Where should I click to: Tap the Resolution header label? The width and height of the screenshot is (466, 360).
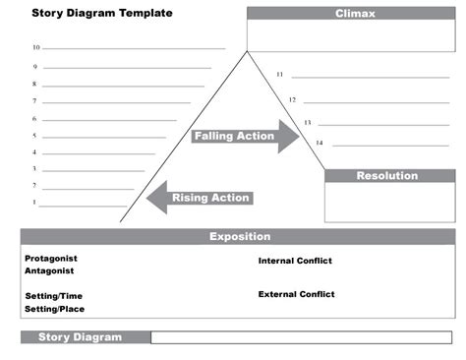pyautogui.click(x=386, y=176)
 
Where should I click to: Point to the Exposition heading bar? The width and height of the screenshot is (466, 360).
pyautogui.click(x=238, y=237)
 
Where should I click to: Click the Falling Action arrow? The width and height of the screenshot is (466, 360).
pyautogui.click(x=245, y=136)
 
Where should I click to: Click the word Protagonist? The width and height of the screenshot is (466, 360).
pyautogui.click(x=51, y=258)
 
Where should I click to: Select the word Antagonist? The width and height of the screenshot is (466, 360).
pyautogui.click(x=49, y=270)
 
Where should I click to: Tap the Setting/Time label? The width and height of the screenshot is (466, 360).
pyautogui.click(x=54, y=296)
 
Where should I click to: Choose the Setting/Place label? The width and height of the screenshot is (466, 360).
pyautogui.click(x=54, y=309)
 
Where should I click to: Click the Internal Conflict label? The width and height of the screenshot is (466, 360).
pyautogui.click(x=295, y=261)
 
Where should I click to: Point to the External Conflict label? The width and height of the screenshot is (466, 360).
pyautogui.click(x=296, y=294)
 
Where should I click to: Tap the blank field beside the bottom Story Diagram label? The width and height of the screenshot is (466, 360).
pyautogui.click(x=302, y=337)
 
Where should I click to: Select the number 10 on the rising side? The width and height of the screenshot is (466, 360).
pyautogui.click(x=35, y=47)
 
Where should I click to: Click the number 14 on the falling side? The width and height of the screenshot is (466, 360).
pyautogui.click(x=319, y=143)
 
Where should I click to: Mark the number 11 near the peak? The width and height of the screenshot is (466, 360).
pyautogui.click(x=279, y=74)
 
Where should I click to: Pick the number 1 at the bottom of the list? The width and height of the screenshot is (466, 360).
pyautogui.click(x=34, y=203)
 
